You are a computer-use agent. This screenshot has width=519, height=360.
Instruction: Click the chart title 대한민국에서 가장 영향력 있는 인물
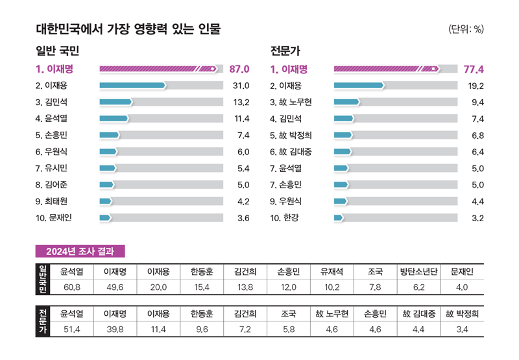pos(128,29)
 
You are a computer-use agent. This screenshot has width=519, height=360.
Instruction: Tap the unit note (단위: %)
pos(466,29)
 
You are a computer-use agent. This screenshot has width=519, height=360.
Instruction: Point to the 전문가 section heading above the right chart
pos(285,51)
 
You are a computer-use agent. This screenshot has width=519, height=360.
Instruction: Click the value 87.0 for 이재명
pos(239,68)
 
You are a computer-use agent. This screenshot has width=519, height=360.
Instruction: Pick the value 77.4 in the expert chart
pos(474,68)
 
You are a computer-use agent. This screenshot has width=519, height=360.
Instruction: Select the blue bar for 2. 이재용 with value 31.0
pos(132,85)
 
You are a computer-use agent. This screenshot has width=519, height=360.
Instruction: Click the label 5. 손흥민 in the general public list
pos(56,135)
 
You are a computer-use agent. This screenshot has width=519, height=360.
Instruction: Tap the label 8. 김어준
pos(56,185)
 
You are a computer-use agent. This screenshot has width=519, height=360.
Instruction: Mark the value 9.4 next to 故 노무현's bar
pos(477,102)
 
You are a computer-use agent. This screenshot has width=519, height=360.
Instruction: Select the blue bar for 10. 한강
pos(338,218)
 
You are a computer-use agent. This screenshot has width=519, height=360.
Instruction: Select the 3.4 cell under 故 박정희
pos(462,330)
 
